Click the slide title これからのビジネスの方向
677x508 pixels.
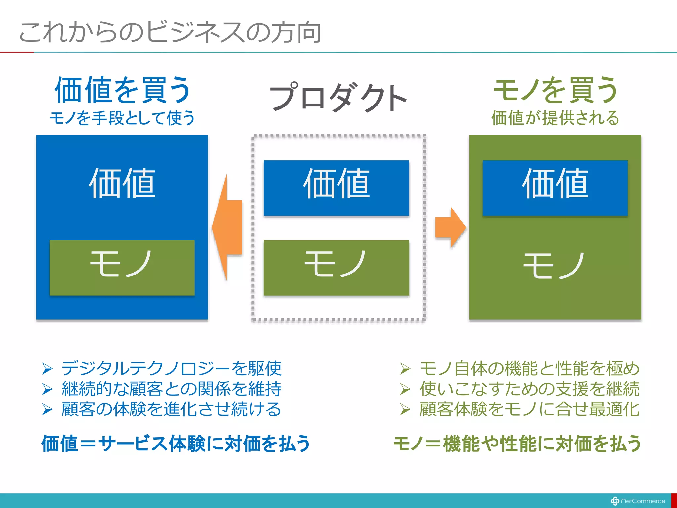170,32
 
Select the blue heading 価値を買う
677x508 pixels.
122,90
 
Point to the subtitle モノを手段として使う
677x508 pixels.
122,118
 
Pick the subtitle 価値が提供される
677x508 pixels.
555,118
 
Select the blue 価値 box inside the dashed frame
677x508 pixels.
336,188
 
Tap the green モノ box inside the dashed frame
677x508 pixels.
336,268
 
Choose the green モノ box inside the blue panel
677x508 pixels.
122,268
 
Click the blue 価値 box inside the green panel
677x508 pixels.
555,188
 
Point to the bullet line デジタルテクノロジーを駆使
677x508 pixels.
171,368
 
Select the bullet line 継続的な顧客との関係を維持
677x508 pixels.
171,389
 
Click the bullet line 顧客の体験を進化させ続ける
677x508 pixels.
171,409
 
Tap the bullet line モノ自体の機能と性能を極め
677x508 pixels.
529,368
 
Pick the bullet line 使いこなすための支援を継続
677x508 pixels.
529,389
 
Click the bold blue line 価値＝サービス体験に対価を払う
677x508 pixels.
176,444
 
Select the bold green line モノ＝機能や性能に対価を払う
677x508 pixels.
517,444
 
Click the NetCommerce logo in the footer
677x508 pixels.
638,501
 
